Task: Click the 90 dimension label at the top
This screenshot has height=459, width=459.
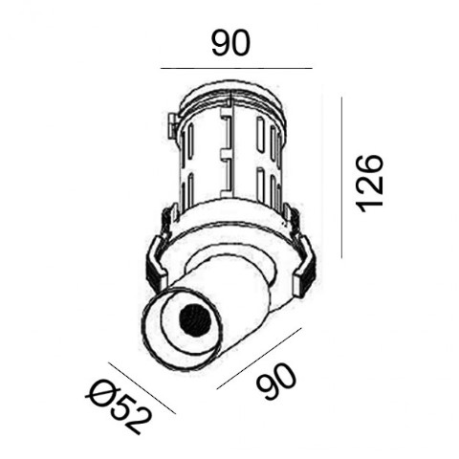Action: [x=231, y=43]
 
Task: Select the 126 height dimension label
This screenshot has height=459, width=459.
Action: [x=370, y=184]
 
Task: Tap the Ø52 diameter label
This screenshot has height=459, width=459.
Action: [x=118, y=406]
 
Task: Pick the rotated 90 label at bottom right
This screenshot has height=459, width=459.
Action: [x=276, y=382]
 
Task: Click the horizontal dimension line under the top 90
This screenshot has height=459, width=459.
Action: [x=236, y=68]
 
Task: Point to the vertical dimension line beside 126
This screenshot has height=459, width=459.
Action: [x=341, y=178]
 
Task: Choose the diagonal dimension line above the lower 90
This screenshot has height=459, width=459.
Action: [x=259, y=359]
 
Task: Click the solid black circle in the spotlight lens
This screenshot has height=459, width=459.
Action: [x=195, y=319]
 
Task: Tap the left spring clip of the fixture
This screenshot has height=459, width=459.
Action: [x=157, y=265]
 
